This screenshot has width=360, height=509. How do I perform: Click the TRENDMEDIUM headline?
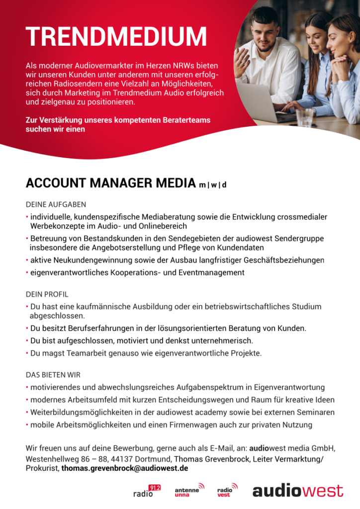pos(116,37)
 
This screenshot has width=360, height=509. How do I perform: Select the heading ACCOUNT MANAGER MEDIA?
pos(110,183)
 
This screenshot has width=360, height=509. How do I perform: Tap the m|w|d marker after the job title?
pos(213,185)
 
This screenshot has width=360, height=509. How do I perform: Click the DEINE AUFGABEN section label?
pos(56,204)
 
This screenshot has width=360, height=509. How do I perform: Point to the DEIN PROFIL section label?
pos(47,294)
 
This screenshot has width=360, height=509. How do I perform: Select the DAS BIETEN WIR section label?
pos(53,375)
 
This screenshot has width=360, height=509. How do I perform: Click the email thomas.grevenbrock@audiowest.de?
pos(124,469)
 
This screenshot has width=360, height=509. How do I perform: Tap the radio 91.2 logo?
pos(147,491)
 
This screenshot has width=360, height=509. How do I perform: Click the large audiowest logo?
pos(297,491)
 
